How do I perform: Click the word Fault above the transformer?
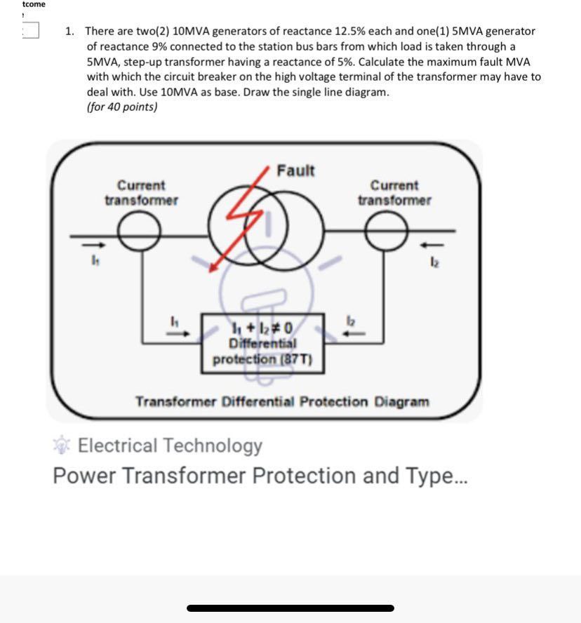click(295, 170)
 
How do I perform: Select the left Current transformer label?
click(141, 193)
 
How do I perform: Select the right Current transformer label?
click(394, 193)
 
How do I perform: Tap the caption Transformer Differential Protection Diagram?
click(281, 402)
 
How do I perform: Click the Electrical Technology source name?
click(170, 446)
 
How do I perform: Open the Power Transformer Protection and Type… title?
click(258, 476)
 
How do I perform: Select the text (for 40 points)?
click(122, 107)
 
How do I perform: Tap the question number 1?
click(69, 31)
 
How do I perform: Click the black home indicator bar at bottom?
click(290, 608)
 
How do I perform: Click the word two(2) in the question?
click(149, 31)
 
